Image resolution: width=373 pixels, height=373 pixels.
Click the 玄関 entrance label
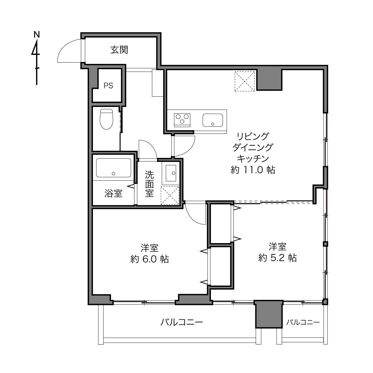tap(119, 50)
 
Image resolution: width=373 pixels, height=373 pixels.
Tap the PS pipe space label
tap(108, 86)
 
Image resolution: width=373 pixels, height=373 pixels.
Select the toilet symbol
tap(106, 119)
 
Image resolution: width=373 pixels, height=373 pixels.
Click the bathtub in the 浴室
tap(114, 168)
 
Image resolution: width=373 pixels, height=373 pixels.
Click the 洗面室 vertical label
tap(150, 184)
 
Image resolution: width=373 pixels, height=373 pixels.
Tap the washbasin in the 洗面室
tap(171, 173)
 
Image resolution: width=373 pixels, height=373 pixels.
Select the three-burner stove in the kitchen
tap(182, 120)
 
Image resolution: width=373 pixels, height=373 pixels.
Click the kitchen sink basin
tap(213, 120)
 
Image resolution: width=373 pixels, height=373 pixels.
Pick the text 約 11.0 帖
tap(253, 170)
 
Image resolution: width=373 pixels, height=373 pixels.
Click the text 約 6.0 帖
tap(150, 259)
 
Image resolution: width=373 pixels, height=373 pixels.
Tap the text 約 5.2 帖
tap(277, 258)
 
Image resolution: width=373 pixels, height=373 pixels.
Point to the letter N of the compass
tap(37, 35)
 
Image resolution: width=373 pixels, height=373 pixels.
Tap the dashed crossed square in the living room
tap(245, 81)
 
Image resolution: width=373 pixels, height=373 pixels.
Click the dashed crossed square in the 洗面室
tap(170, 195)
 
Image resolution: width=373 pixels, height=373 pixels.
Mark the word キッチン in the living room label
tap(253, 158)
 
